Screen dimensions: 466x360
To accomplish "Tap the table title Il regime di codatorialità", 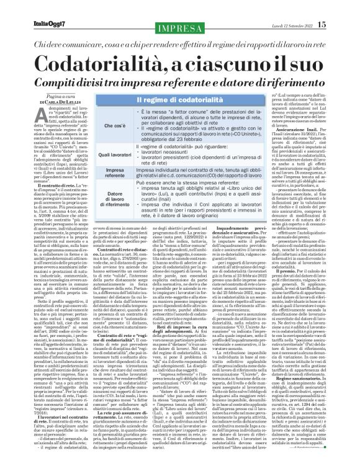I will pos(164,101).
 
